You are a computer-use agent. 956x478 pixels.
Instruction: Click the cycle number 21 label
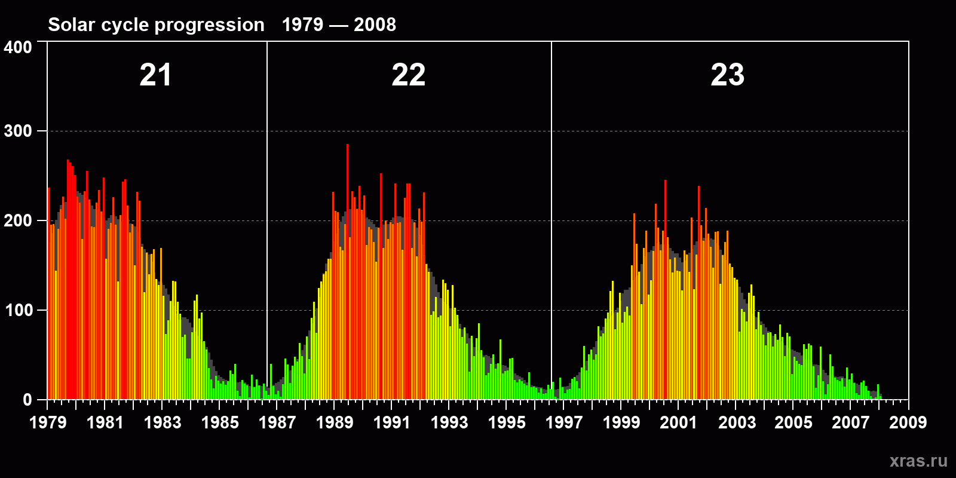click(x=155, y=75)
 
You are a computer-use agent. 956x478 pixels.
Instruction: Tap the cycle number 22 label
click(x=409, y=75)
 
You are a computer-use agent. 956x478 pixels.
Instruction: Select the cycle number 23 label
click(x=727, y=75)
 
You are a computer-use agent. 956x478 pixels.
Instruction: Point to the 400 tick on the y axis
click(x=18, y=48)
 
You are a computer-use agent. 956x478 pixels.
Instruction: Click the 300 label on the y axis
click(x=18, y=131)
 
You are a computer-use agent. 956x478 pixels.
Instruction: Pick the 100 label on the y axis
click(x=18, y=311)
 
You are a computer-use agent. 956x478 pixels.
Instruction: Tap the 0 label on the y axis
click(x=27, y=400)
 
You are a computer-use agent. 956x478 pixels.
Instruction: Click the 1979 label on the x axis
click(x=48, y=423)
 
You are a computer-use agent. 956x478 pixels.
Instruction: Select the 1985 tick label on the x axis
click(x=220, y=423)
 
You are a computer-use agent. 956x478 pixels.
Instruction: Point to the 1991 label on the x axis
click(x=392, y=423)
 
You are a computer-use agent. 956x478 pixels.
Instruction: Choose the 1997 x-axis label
click(x=564, y=423)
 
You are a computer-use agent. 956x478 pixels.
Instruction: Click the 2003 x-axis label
click(x=737, y=423)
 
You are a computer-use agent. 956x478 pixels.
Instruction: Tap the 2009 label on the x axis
click(x=908, y=423)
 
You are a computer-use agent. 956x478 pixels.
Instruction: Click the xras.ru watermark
click(x=918, y=461)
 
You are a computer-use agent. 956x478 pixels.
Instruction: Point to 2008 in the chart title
click(x=375, y=25)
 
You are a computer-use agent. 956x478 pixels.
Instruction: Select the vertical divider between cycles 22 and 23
click(x=551, y=179)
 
